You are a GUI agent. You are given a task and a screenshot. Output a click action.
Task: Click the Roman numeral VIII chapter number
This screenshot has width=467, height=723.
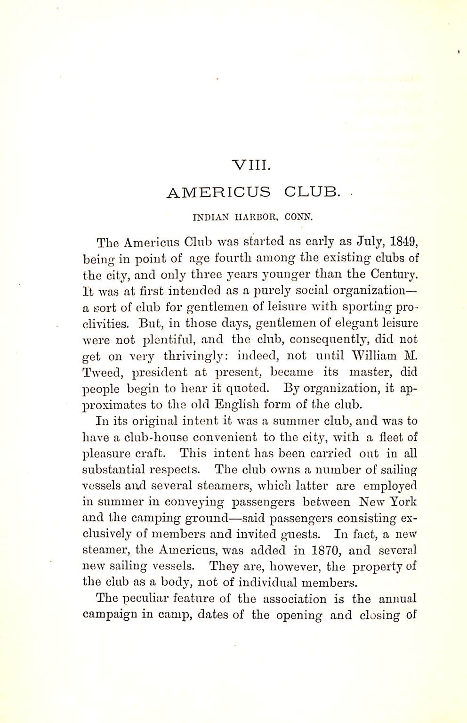tap(251, 165)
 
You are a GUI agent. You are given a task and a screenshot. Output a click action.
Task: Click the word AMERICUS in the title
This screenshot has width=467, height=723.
tap(219, 193)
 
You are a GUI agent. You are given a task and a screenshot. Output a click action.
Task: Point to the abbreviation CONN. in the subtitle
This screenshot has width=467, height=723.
tap(299, 218)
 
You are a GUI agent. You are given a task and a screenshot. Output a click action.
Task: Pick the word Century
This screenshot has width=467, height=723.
tap(394, 274)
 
